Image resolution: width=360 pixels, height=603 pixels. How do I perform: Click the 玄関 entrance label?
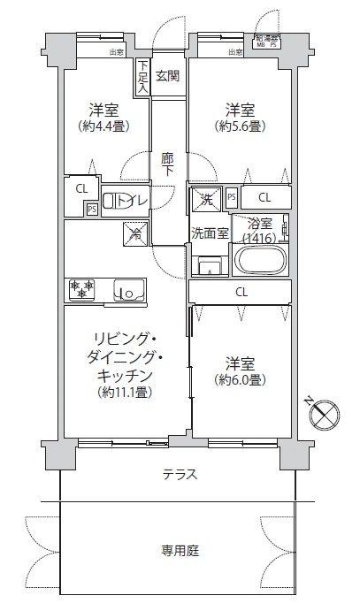click(x=167, y=76)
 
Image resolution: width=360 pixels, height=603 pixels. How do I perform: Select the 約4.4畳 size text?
click(x=104, y=126)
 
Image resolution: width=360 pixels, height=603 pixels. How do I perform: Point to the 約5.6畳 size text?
click(x=240, y=126)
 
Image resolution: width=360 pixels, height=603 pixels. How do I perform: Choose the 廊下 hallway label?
click(x=167, y=164)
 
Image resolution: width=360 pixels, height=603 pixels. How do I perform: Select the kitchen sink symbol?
click(x=125, y=288)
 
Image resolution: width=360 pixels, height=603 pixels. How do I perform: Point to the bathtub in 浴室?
click(x=258, y=262)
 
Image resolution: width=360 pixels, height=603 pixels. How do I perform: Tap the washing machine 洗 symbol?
click(x=205, y=197)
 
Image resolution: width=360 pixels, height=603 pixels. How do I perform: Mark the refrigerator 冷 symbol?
click(x=134, y=233)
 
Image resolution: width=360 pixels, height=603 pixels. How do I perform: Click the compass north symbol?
click(x=324, y=412)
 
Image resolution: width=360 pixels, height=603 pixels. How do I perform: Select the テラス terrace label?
click(x=180, y=475)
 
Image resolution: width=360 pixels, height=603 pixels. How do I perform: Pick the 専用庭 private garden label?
click(x=180, y=549)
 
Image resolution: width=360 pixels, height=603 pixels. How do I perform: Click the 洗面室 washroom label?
click(x=210, y=233)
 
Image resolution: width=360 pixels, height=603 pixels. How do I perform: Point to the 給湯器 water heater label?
click(x=266, y=38)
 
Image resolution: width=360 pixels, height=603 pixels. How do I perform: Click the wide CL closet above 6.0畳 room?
click(x=241, y=292)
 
